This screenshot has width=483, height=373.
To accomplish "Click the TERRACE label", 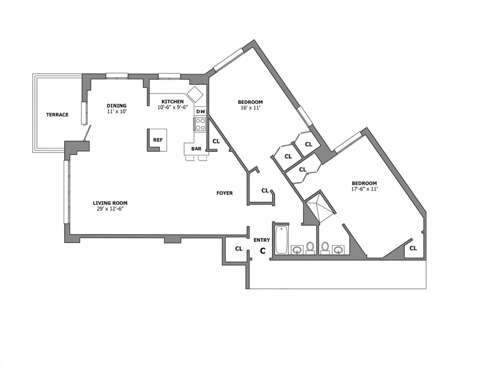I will (x=57, y=115).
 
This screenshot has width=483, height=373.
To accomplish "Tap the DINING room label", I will (x=117, y=106).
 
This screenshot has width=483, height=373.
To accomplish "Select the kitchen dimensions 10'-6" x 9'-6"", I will (x=172, y=107).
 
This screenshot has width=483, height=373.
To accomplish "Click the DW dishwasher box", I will (x=200, y=111).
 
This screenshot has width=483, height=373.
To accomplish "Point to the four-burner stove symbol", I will (x=200, y=124).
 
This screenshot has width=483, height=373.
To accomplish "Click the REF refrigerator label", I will (x=158, y=140).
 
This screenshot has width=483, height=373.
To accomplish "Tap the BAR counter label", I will (x=196, y=149).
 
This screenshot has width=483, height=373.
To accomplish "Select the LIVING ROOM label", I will (x=110, y=203).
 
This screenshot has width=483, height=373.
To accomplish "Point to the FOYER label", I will (x=225, y=193).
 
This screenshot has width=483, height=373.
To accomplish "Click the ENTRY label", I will (x=262, y=240).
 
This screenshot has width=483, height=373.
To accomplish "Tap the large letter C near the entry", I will (x=263, y=251).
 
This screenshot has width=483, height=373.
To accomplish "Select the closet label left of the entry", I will (x=239, y=249).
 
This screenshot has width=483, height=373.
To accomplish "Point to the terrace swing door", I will (x=88, y=133).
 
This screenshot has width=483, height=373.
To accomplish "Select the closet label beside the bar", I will (x=216, y=141).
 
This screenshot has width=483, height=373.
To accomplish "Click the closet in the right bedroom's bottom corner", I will (x=413, y=248).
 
